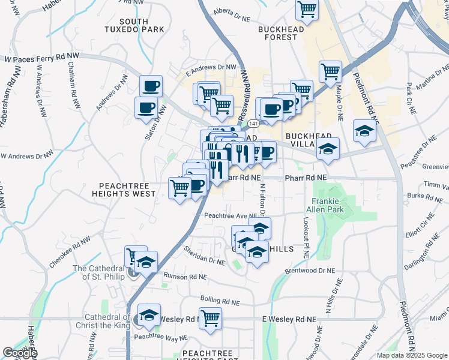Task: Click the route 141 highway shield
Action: [x=255, y=123]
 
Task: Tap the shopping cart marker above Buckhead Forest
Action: [x=307, y=10]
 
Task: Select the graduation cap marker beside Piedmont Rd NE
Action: [x=364, y=130]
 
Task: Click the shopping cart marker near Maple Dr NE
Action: [x=330, y=71]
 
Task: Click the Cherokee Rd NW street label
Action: [x=70, y=246]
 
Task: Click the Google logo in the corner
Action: [x=20, y=353]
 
